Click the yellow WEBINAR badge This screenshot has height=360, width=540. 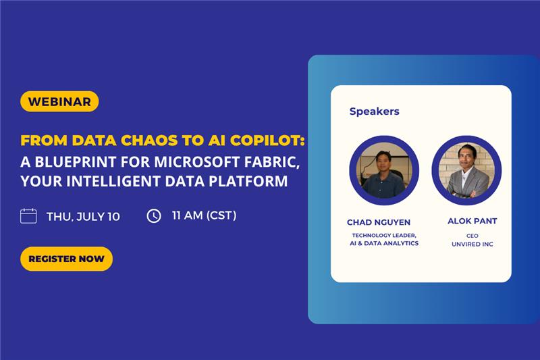tap(59, 101)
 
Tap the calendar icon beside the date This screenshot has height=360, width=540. tap(28, 216)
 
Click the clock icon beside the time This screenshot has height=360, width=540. tap(154, 216)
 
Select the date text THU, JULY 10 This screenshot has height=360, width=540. tap(83, 217)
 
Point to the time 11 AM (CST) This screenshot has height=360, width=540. tap(205, 215)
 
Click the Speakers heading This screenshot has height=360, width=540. tap(375, 111)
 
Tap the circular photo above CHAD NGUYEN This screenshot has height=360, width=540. tap(384, 170)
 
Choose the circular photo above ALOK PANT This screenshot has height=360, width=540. tap(466, 170)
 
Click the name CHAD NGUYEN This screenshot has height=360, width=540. tap(379, 222)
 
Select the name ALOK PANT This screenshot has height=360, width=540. tap(472, 221)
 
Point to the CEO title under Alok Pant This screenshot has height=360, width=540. tap(472, 236)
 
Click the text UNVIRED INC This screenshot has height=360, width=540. tap(472, 245)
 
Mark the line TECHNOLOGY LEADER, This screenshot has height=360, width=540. tap(384, 235)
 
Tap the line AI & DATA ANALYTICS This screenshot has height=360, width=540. tap(384, 243)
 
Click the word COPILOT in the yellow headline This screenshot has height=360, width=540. tap(267, 140)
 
